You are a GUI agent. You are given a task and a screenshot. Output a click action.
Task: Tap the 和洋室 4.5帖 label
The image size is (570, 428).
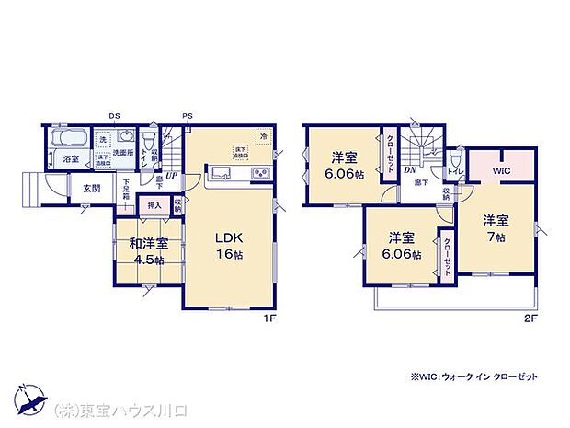tap(149, 250)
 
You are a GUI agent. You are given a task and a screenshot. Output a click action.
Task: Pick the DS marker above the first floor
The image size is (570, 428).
tap(114, 116)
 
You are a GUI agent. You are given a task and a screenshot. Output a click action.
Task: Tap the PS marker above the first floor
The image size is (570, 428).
tap(187, 116)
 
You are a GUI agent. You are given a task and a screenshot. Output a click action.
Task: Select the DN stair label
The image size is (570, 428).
tap(410, 169)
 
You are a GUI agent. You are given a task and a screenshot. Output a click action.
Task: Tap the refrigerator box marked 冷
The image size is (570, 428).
tap(264, 136)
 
